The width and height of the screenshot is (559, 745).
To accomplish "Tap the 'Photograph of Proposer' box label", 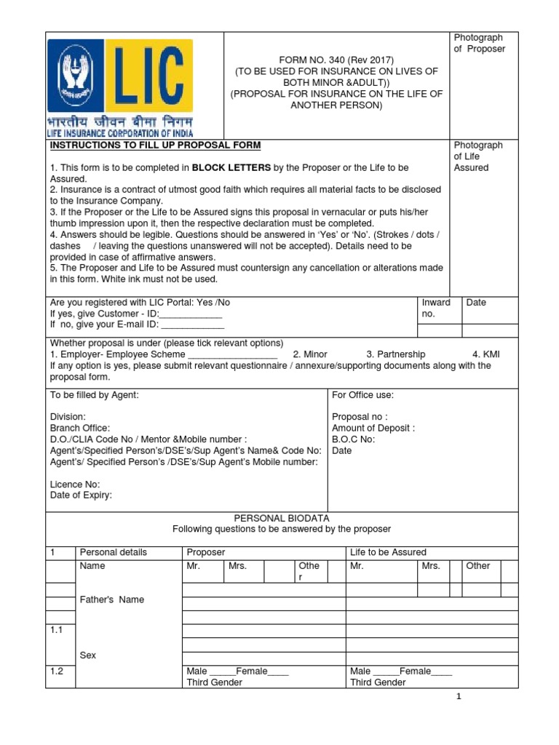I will tap(479, 43).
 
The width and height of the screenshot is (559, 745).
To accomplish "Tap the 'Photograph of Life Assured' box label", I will tap(478, 156).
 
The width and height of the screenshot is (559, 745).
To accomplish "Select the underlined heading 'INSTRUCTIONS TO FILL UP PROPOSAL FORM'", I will tap(155, 146).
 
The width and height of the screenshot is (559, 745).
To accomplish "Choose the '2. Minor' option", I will tap(310, 354).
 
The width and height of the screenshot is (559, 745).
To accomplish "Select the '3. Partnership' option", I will tap(395, 354).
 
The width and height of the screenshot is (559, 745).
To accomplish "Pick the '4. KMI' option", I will tap(485, 354).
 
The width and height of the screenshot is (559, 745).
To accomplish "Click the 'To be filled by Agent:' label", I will tap(94, 395).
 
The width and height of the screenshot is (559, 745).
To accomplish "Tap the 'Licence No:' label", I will tap(75, 485).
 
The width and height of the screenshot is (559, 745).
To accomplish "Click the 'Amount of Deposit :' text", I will tap(373, 429).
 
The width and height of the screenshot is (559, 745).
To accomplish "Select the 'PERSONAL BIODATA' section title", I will tap(281, 517).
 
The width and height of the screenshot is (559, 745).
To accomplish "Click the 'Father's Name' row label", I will tap(111, 599).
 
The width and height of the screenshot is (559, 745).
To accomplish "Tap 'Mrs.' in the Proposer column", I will tap(237, 566).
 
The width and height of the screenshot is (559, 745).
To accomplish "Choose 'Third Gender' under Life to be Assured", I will tap(378, 682).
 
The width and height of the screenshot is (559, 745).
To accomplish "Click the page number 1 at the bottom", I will tap(459, 696).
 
